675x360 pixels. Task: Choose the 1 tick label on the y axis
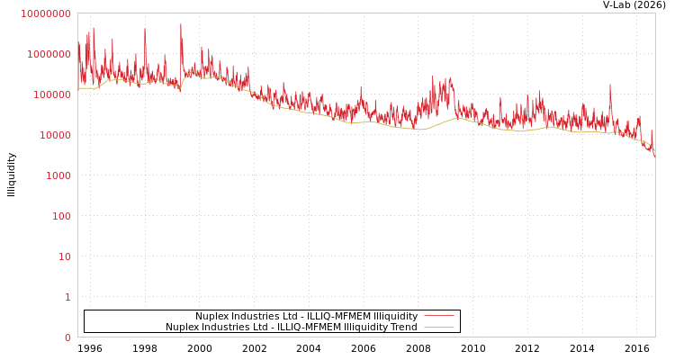67,297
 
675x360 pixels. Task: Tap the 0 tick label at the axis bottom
67,337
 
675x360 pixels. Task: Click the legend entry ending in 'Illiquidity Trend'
291,327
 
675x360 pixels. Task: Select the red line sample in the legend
438,316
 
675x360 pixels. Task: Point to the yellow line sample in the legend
438,327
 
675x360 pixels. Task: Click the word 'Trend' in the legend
402,327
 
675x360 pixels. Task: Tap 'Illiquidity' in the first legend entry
395,316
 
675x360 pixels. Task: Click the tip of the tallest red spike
180,24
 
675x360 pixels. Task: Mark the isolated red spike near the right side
610,85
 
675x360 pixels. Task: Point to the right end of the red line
654,156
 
